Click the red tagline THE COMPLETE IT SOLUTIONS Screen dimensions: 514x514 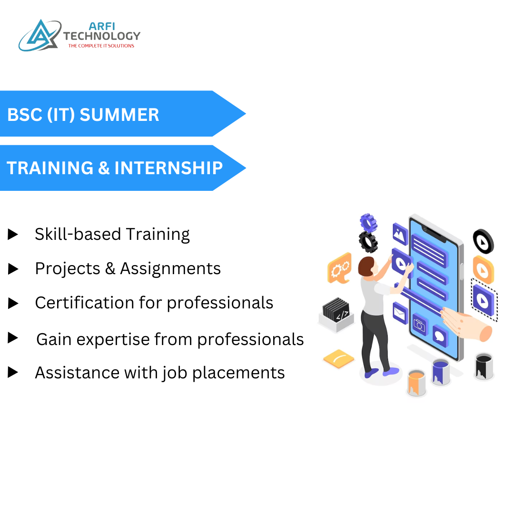pyautogui.click(x=101, y=46)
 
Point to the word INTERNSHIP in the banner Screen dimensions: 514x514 pyautogui.click(x=168, y=168)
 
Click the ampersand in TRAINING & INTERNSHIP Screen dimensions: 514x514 pyautogui.click(x=103, y=168)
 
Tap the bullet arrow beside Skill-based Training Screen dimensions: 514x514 pyautogui.click(x=13, y=234)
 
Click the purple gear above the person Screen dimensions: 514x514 pyautogui.click(x=368, y=222)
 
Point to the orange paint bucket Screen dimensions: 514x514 pyautogui.click(x=416, y=382)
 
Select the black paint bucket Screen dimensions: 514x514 pyautogui.click(x=484, y=366)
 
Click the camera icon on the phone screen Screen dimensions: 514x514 pyautogui.click(x=419, y=325)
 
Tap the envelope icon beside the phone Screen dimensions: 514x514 pyautogui.click(x=400, y=312)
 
